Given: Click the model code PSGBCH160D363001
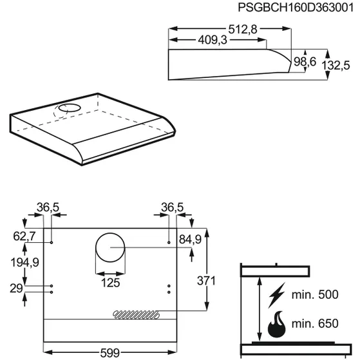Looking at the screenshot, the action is coord(296,7).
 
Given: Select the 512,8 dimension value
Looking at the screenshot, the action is coord(242,29).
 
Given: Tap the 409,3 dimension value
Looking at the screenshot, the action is coord(213,40).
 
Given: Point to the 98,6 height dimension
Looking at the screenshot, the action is coord(305,62).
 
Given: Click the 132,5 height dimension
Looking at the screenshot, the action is coord(336,65).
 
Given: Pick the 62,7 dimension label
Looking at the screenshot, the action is coord(24,236).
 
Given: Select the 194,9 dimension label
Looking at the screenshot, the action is coord(25,262).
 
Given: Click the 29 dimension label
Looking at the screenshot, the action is coord(16,289).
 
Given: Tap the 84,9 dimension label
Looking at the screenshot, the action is coord(190,239).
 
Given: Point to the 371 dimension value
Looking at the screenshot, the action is coord(206,281).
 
